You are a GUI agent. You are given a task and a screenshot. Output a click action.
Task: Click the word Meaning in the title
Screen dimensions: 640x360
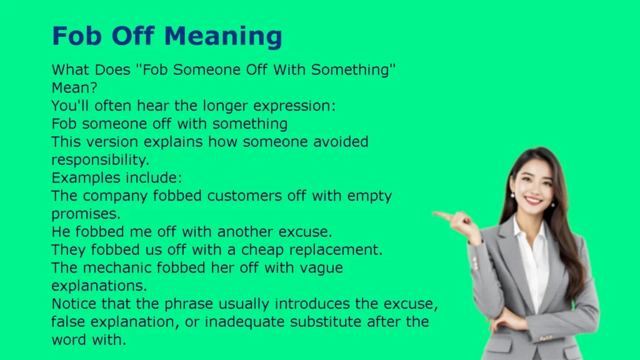(223, 37)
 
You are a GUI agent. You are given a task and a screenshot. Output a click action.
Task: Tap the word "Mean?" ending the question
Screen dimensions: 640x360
(75, 87)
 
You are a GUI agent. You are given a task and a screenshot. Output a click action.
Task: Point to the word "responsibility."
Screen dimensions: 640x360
(101, 160)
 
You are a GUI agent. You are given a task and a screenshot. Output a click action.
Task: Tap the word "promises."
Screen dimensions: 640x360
(86, 214)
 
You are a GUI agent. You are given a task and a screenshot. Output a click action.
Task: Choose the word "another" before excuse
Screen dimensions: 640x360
(246, 232)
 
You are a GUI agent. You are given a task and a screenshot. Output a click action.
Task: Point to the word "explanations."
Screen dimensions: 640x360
(99, 286)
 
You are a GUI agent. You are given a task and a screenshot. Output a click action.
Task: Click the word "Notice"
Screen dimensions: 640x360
(74, 304)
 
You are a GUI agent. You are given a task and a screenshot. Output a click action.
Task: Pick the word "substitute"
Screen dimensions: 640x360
(325, 322)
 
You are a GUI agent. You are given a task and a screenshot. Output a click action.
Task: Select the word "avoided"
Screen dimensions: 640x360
(341, 142)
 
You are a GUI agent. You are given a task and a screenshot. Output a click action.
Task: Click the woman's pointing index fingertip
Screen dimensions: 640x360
(435, 213)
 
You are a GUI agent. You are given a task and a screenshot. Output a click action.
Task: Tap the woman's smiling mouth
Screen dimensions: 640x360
(534, 201)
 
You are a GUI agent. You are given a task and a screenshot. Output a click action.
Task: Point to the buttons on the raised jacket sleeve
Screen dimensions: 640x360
(475, 263)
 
